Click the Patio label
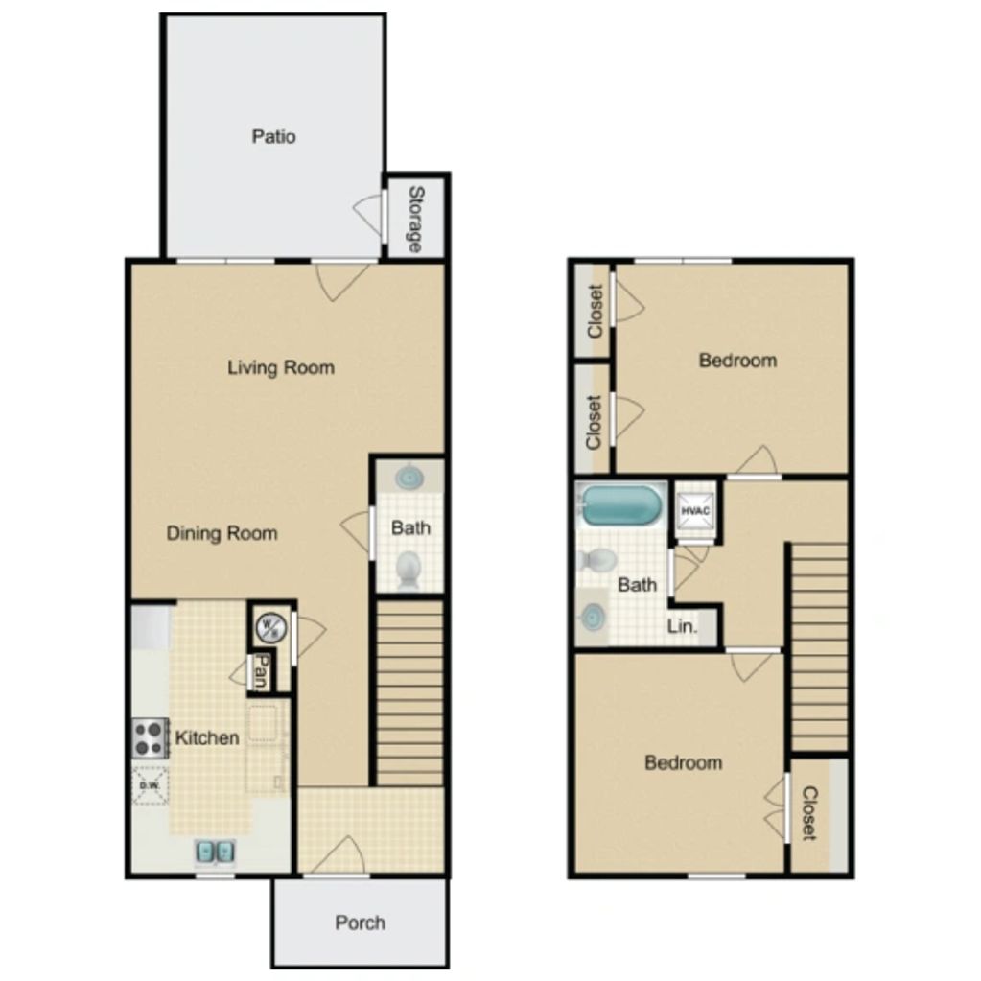pos(273,136)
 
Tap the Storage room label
pos(416,219)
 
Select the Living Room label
pos(281,367)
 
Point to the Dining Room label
pos(222,533)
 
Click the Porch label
pos(361,923)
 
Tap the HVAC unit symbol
pos(695,511)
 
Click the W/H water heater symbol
pos(271,628)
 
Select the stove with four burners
pos(151,738)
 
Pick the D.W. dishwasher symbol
pos(151,785)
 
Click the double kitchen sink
pos(215,851)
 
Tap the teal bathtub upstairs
pos(620,505)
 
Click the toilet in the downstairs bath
pos(409,570)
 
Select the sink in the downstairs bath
pos(409,478)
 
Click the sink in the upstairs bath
pos(593,619)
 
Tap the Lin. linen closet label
pos(682,625)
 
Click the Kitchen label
pos(207,737)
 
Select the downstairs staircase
pos(409,693)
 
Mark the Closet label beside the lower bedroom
pos(809,813)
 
